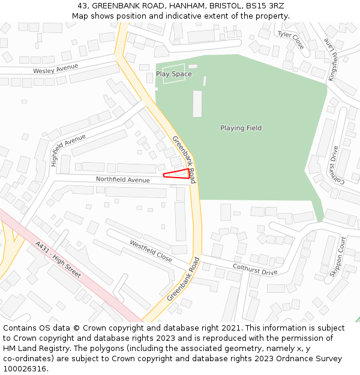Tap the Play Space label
coord(173,74)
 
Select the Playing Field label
coord(241,128)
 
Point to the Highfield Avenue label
coord(68,149)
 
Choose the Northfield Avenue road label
coord(123,180)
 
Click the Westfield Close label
coord(151,251)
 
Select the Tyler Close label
coord(290,40)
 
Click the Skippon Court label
coord(338,256)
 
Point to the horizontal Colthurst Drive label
coord(255,268)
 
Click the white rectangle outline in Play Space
coord(174,74)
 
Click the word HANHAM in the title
coord(162,5)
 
